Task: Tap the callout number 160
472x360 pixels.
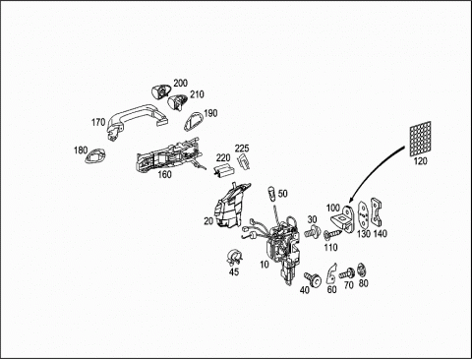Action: click(x=164, y=174)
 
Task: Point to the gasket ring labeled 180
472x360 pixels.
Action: click(x=95, y=155)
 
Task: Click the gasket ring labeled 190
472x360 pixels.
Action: click(x=194, y=121)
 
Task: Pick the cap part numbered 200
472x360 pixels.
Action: click(x=161, y=90)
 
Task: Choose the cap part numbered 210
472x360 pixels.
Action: click(x=178, y=101)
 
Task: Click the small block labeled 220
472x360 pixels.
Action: click(x=223, y=170)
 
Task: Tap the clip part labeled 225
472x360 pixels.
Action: click(x=243, y=161)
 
